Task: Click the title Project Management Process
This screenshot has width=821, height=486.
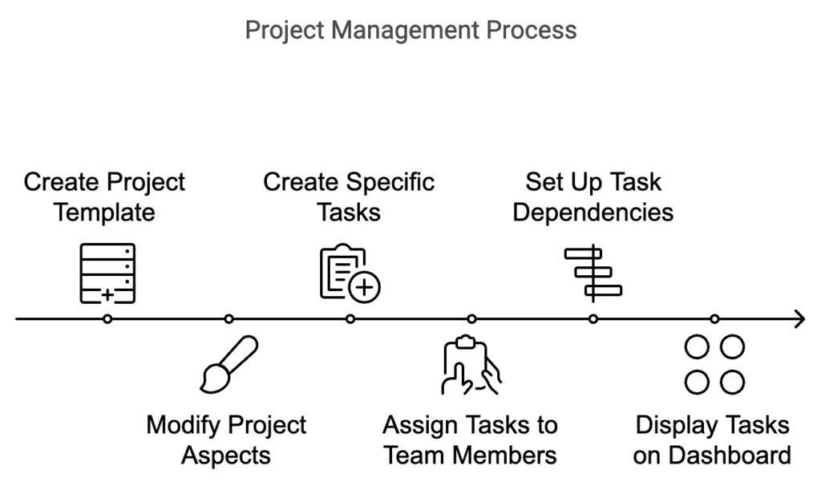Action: click(410, 30)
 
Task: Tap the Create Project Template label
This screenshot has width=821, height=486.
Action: click(104, 196)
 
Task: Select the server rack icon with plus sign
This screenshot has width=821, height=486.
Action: click(107, 273)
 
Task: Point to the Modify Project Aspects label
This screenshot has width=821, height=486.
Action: click(226, 439)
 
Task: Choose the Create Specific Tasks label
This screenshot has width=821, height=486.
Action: click(349, 196)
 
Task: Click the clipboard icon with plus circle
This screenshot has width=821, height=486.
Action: click(350, 273)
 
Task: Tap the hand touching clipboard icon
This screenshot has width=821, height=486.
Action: click(471, 367)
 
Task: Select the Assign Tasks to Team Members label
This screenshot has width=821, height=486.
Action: click(470, 439)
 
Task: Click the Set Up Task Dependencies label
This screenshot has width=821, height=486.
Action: click(593, 196)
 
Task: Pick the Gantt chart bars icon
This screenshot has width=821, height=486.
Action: click(593, 273)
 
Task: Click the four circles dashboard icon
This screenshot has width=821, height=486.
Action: click(714, 365)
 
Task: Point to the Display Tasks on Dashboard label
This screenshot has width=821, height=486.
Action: click(712, 439)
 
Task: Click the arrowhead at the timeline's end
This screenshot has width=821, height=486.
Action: click(799, 319)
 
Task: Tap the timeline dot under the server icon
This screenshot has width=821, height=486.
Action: click(107, 319)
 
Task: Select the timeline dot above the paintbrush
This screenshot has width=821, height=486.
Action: click(229, 319)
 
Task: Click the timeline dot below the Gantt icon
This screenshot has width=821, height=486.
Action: click(593, 319)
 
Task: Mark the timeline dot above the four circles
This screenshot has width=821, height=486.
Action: click(714, 319)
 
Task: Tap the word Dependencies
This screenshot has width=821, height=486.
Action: click(593, 213)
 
